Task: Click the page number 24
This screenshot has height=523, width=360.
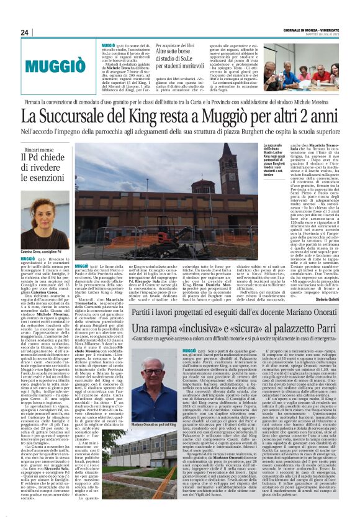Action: tap(24, 32)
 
